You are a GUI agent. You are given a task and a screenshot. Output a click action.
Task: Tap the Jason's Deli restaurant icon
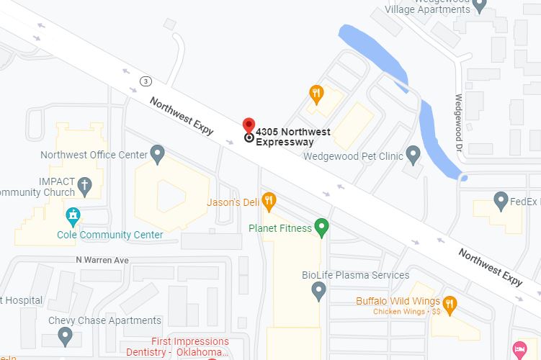pos(269,201)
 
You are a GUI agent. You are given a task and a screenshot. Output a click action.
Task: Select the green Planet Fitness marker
pos(322,228)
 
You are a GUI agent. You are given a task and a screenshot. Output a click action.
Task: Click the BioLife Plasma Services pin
pos(318,291)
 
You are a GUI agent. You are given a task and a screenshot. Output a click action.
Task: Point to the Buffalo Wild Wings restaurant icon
pos(450,303)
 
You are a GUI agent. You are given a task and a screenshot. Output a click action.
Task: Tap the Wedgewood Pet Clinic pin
pos(413,154)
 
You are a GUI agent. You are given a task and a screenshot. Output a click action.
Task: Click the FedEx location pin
pos(501,201)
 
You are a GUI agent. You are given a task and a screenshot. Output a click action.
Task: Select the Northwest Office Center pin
pos(158,153)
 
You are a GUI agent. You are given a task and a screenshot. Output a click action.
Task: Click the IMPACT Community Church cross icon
pos(84,186)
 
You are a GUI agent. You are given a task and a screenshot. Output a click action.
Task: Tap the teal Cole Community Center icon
pos(72,215)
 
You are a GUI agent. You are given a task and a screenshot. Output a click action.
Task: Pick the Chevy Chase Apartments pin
pos(66,335)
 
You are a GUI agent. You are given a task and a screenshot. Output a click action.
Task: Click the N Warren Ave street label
pos(102,259)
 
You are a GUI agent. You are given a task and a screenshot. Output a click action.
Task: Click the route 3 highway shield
pos(146,80)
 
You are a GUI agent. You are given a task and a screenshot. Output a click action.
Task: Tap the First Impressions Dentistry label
pos(189,346)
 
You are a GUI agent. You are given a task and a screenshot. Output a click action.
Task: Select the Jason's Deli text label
pos(233,202)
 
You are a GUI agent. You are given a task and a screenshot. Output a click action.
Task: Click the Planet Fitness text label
pos(280,228)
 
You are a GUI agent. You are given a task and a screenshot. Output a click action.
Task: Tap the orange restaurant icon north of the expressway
pos(316,93)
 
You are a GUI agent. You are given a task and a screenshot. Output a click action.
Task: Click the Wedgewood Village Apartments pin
pos(480,4)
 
